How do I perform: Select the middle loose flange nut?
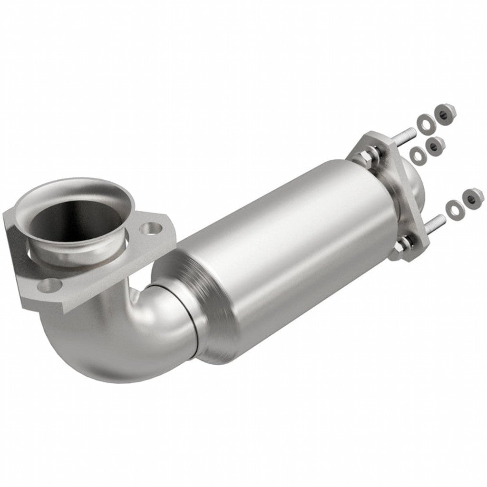pos(435,145)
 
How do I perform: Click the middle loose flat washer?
pos(418,154)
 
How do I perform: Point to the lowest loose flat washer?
pos(454,208)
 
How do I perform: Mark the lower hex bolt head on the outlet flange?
pos(404,244)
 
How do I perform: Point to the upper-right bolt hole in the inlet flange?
pos(151,229)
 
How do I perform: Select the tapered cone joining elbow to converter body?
pos(209,309)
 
